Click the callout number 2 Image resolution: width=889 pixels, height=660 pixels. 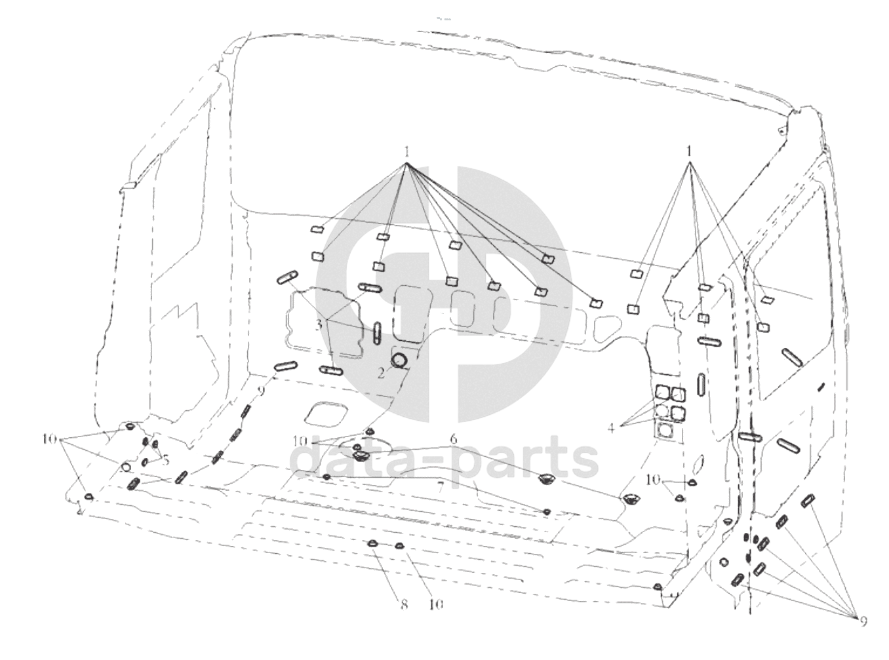coord(380,374)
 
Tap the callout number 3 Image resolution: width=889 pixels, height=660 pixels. coord(319,324)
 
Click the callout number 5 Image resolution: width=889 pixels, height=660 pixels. coord(166,460)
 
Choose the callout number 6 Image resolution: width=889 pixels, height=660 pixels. coord(453,437)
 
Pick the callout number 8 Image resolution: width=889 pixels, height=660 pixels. coord(404,604)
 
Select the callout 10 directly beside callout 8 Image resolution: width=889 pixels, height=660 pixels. coord(435,604)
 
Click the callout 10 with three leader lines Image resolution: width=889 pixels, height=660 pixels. coord(50,438)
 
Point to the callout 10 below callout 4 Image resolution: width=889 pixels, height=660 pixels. coord(653,480)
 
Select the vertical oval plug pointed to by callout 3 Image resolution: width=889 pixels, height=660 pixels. coord(377,333)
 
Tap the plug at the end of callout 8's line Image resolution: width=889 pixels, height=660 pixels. coord(372,543)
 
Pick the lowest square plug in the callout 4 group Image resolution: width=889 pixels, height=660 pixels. coord(665,430)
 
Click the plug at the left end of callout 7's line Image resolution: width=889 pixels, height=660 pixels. coord(326,476)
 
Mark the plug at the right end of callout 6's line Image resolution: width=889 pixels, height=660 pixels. coord(631,499)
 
